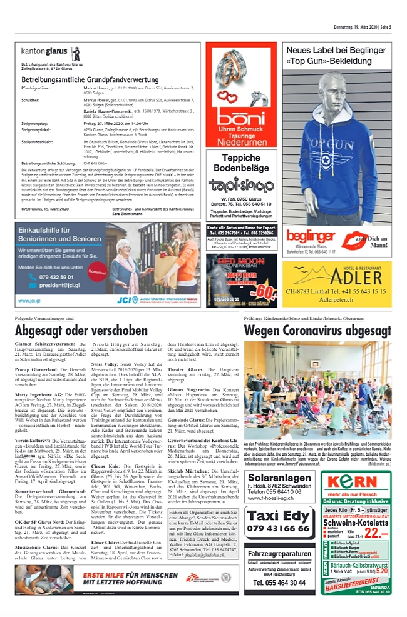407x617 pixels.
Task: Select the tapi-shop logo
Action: click(x=241, y=184)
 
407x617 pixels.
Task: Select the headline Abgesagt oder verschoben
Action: click(x=81, y=330)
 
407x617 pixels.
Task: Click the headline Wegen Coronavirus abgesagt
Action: click(x=317, y=330)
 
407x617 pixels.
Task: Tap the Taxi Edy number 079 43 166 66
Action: click(x=278, y=529)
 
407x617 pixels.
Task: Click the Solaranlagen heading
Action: click(x=279, y=484)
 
